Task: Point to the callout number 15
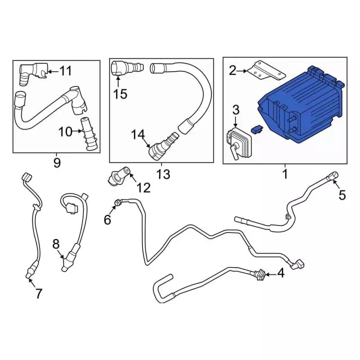pos(120,94)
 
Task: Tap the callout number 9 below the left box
pos(57,163)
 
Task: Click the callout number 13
pos(163,174)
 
